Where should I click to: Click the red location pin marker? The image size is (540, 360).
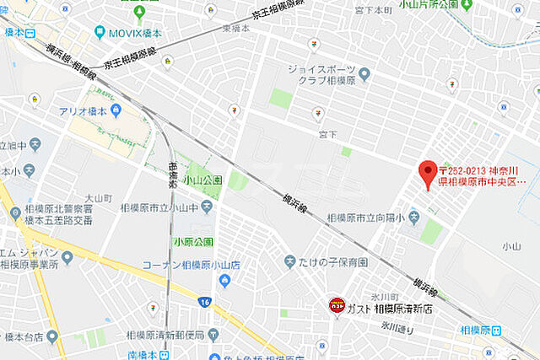point(428,171)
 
